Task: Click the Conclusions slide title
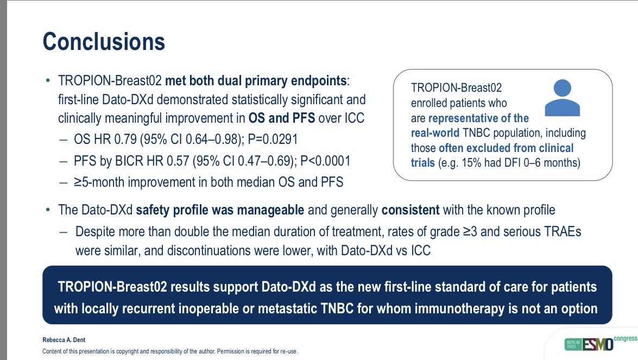click(x=104, y=41)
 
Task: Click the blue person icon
click(x=563, y=98)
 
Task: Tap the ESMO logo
click(x=598, y=345)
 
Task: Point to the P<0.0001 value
click(x=325, y=161)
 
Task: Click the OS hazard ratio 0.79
click(x=125, y=139)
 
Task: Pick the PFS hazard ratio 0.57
click(x=178, y=161)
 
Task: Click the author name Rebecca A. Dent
click(x=64, y=340)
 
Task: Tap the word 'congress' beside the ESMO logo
click(x=626, y=338)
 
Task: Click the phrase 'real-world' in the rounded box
click(x=435, y=133)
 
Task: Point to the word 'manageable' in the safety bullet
click(x=270, y=210)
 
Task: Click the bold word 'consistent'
click(x=410, y=210)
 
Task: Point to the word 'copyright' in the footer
click(x=129, y=351)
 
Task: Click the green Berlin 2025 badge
click(x=573, y=345)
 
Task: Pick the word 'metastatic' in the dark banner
click(x=288, y=308)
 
